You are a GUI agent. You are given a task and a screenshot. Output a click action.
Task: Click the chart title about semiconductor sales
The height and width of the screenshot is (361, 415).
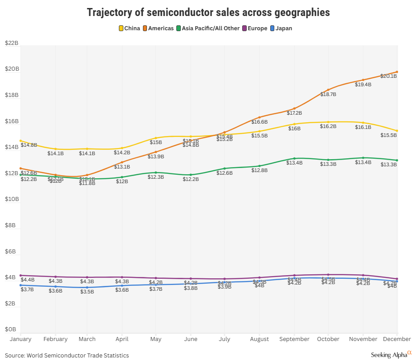208,12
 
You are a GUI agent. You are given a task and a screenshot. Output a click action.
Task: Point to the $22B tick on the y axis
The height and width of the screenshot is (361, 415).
11,43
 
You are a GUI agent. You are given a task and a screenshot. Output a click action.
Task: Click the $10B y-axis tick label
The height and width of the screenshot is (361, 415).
11,199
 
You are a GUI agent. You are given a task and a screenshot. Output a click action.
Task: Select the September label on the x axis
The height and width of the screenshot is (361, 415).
294,339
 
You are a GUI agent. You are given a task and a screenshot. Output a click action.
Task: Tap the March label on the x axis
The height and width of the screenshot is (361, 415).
87,339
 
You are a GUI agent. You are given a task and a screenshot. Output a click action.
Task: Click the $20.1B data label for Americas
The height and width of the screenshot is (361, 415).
388,76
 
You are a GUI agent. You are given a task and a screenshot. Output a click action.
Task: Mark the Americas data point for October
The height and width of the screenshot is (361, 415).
328,90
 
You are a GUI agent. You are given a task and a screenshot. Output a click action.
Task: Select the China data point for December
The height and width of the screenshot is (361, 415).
397,131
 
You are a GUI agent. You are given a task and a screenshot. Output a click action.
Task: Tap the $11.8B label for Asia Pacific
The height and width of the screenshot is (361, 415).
87,183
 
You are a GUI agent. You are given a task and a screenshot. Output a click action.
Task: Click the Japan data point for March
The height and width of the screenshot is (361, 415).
87,287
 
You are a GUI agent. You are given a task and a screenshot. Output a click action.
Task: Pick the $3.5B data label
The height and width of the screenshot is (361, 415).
87,292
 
